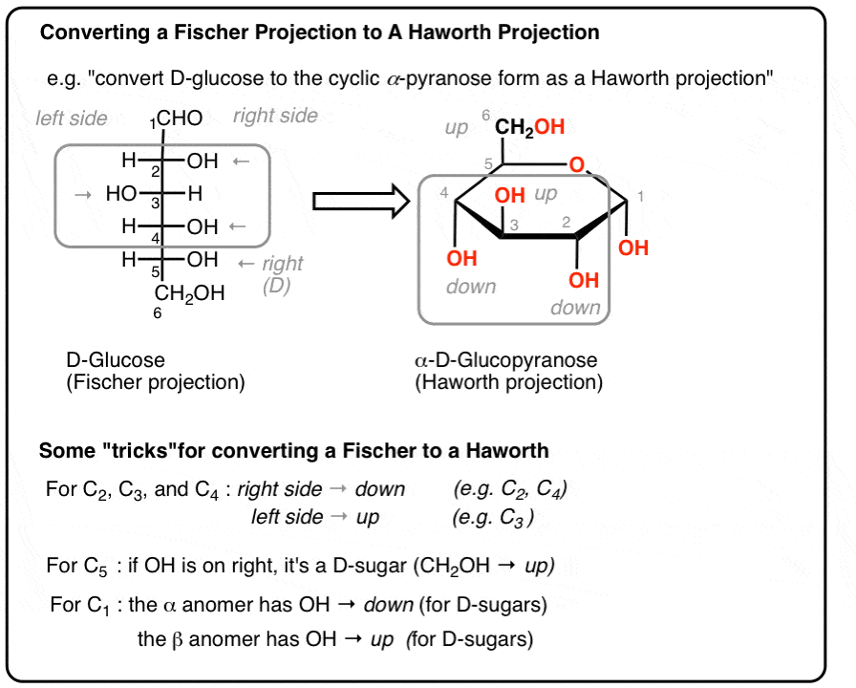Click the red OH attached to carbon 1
(632, 247)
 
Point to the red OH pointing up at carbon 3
(510, 195)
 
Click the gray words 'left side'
(72, 118)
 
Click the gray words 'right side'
(275, 117)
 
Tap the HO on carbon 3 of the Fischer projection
(122, 195)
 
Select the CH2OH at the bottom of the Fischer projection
(189, 293)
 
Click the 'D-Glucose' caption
(115, 360)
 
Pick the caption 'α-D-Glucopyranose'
(505, 360)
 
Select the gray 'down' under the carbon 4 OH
(471, 287)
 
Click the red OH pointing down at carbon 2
(584, 280)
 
